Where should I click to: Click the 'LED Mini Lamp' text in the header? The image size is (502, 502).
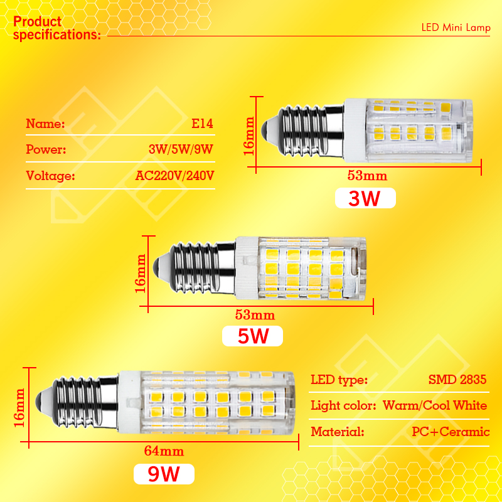456,28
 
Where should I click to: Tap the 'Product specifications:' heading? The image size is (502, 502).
57,28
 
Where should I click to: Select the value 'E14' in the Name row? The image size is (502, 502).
202,124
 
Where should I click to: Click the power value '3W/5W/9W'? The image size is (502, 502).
181,149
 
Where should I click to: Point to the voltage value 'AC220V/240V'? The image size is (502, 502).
174,176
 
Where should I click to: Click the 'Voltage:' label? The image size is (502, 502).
50,176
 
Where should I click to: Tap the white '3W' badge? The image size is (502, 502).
365,198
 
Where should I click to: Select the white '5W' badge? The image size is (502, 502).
252,336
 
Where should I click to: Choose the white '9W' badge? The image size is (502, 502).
164,474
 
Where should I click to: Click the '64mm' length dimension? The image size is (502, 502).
164,451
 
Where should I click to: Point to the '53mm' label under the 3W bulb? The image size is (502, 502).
367,176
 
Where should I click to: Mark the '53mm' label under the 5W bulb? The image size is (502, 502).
255,315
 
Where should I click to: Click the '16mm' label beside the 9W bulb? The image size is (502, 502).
19,407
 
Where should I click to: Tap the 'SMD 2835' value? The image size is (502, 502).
457,380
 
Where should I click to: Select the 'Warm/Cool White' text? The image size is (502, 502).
435,405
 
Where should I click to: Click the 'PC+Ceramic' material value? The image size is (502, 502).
451,432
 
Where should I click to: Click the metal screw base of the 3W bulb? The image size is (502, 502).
302,131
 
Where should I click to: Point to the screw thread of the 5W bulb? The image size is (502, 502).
195,269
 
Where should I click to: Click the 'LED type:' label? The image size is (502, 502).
339,380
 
